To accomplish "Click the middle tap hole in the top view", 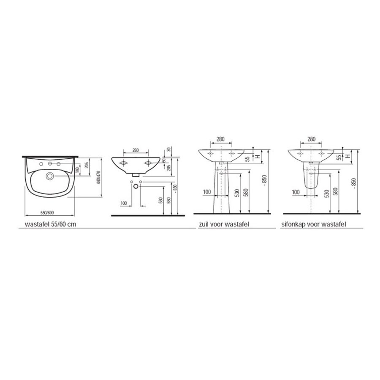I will pos(50,163).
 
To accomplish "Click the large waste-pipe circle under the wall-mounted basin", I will pos(135,185).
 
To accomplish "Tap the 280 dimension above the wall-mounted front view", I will pos(136,150).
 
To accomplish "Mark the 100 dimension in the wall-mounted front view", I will pos(124,203).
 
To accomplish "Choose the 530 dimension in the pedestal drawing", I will pos(237,193).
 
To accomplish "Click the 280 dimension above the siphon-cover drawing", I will pos(311,139).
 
